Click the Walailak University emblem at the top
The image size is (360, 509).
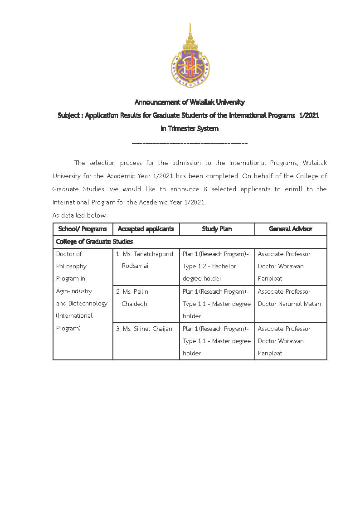point(190,56)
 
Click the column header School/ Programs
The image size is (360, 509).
point(83,229)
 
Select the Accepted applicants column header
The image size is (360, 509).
point(146,229)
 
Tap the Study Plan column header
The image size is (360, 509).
point(217,229)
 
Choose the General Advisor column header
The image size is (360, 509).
point(291,229)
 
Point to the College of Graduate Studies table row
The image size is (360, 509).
point(94,242)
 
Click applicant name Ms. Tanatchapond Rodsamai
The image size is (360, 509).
point(144,260)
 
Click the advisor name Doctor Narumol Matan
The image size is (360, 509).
point(289,304)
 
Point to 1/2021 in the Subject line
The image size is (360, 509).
point(310,116)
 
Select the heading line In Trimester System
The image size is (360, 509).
point(190,129)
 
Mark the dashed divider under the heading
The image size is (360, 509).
point(190,144)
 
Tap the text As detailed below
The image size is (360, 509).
point(79,215)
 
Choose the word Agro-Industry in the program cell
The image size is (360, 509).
point(74,291)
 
